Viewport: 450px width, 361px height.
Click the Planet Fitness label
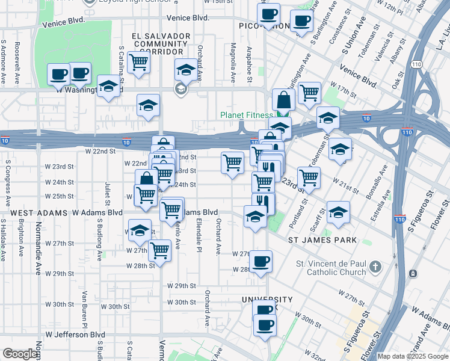(247, 115)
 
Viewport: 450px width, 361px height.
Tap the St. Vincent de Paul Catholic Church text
(331, 268)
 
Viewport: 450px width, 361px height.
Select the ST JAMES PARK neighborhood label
(322, 240)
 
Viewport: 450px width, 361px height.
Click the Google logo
(19, 354)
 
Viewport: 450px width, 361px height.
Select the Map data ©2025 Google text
(413, 356)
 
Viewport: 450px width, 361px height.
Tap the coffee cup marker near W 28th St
(260, 262)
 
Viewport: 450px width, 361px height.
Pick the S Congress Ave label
(8, 178)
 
